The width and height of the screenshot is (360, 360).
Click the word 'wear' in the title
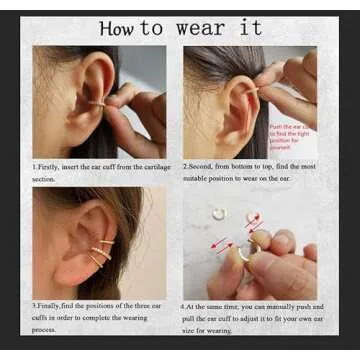[201, 29]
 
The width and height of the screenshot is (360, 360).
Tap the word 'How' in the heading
[119, 28]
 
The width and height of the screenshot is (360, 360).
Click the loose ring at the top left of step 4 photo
[218, 212]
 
